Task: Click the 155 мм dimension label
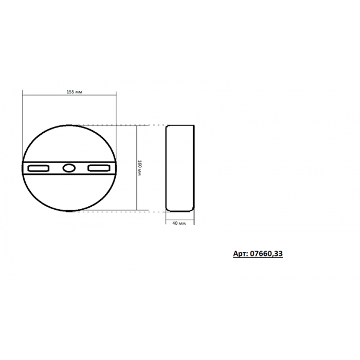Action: coord(74,92)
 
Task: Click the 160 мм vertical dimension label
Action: coord(139,168)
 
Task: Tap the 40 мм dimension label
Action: coord(179,223)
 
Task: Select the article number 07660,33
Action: coord(266,254)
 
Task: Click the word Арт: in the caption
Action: coord(240,254)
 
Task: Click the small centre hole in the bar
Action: coord(69,168)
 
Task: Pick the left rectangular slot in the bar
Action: coord(39,168)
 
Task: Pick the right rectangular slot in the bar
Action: coord(99,168)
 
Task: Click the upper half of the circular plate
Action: coord(69,125)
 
